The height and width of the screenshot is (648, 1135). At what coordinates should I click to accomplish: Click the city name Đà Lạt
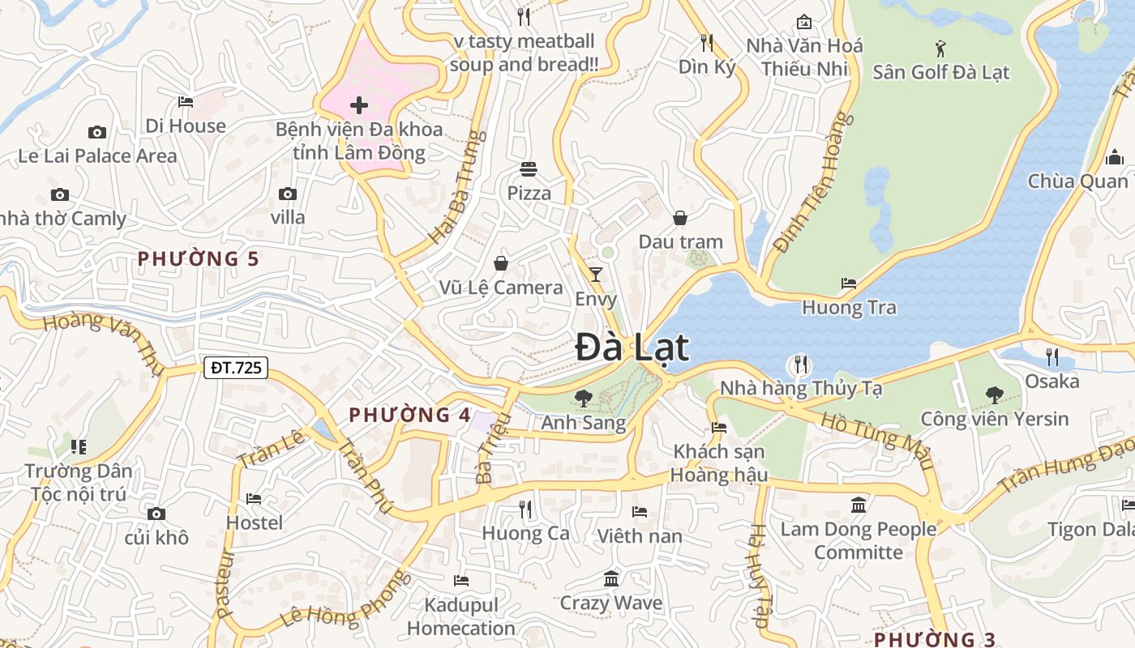pos(632,347)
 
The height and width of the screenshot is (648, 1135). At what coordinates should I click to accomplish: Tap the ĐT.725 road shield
pos(235,367)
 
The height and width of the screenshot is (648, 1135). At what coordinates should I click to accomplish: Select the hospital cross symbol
pos(358,105)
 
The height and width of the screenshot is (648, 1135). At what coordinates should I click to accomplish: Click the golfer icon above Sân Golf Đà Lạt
pos(940,48)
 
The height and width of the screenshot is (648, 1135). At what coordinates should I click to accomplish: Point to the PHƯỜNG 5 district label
pos(198,259)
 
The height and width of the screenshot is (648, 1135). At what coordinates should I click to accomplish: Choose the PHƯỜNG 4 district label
pos(409,416)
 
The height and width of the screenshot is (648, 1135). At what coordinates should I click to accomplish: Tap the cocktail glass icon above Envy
pos(596,274)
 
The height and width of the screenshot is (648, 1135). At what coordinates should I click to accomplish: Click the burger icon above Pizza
pos(529,169)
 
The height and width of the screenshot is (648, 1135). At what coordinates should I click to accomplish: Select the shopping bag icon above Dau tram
pos(680,218)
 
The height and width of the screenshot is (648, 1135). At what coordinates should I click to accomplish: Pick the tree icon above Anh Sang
pos(583,398)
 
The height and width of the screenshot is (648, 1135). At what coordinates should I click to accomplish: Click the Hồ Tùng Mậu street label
pos(876,441)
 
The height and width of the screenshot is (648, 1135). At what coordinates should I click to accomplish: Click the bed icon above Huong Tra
pos(849,283)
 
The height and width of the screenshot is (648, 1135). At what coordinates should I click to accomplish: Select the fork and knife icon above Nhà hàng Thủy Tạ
pos(801,364)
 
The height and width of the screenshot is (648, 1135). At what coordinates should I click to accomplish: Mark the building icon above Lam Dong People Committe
pos(859,506)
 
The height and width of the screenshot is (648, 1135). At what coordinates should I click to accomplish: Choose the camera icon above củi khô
pos(156,514)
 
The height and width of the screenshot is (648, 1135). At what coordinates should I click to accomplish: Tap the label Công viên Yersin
pos(994,419)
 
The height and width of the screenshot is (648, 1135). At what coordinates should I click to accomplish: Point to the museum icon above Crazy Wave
pos(611,579)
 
